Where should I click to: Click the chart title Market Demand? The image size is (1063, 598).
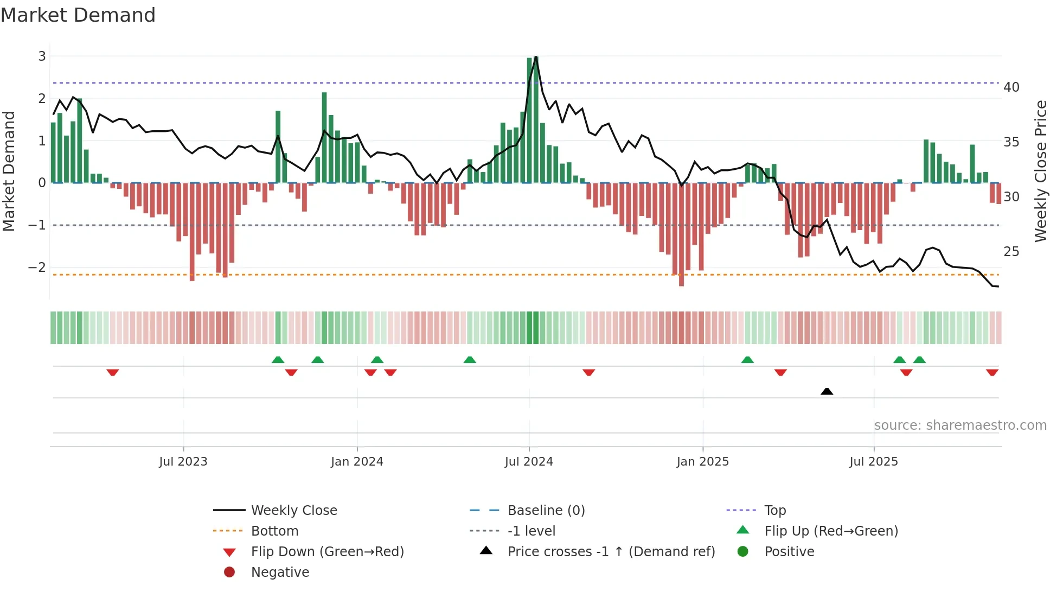click(78, 15)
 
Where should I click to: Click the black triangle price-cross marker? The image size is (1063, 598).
click(827, 391)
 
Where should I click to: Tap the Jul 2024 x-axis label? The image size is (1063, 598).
click(529, 462)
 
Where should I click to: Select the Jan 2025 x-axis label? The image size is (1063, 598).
click(702, 462)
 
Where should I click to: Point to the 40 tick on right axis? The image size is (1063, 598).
click(1011, 87)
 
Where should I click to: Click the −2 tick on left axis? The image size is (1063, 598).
click(37, 267)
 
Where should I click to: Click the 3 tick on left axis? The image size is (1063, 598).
click(42, 56)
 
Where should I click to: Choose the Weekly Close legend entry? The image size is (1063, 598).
click(293, 511)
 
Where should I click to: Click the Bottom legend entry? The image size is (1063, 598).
click(274, 531)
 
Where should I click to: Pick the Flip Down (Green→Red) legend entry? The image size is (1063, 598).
click(327, 552)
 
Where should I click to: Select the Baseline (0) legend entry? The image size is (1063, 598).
click(546, 511)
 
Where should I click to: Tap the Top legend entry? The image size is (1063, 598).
click(775, 511)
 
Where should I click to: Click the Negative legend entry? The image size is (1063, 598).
click(280, 572)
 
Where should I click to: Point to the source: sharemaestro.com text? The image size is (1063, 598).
click(960, 425)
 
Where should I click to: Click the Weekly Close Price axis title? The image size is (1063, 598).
click(1040, 171)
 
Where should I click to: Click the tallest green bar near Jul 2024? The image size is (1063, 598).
click(536, 119)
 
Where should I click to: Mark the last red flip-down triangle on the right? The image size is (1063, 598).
click(992, 372)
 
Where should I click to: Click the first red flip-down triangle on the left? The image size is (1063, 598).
click(113, 372)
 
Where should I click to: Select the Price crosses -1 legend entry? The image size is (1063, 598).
click(611, 552)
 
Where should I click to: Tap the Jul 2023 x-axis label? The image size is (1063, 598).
click(183, 462)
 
